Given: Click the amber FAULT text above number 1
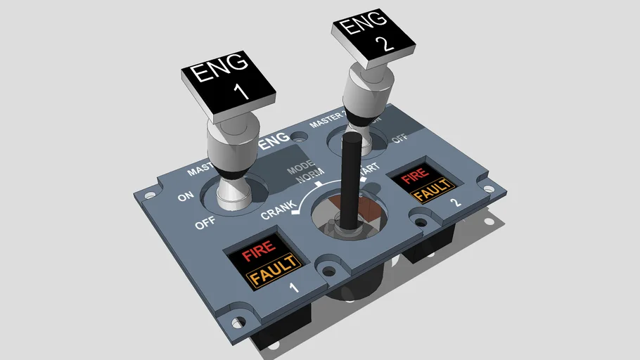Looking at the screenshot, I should (273, 269).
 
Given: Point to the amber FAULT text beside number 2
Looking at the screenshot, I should (430, 191).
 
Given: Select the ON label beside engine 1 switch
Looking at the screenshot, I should (186, 197).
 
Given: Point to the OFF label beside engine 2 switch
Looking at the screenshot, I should (400, 138).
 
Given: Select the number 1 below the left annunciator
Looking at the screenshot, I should (294, 288).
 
